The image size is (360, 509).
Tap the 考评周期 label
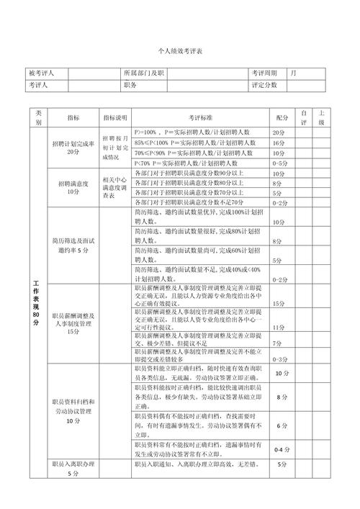point(265,73)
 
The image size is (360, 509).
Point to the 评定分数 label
point(265,85)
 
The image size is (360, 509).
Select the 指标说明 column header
point(114,117)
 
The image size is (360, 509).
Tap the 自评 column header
point(304,117)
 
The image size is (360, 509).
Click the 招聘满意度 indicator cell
point(73,188)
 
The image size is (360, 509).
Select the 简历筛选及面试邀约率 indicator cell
point(73,245)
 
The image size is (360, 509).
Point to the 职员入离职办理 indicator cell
point(73,469)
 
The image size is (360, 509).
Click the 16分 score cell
point(279,143)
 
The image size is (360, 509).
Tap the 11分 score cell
point(279,328)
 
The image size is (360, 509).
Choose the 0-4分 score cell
point(281,449)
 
